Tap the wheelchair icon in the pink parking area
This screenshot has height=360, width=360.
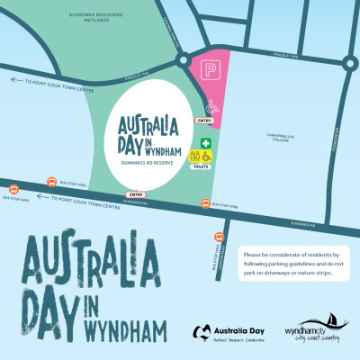[x=212, y=103]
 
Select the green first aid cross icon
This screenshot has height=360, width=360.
[x=206, y=142]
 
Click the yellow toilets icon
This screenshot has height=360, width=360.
[x=200, y=156]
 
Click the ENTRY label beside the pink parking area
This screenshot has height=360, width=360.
[x=203, y=120]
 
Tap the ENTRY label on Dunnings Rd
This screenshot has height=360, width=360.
[x=136, y=194]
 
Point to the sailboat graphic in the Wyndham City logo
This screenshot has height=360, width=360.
[x=332, y=319]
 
